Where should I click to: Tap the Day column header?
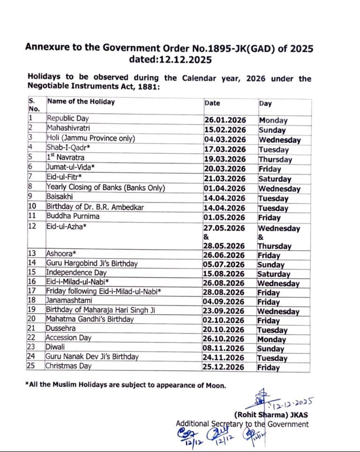265,104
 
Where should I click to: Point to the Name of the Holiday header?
81,102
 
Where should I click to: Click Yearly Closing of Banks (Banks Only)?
105,188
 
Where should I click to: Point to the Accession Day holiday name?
68,338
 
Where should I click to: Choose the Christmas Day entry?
68,366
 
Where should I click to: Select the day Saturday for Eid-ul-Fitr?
275,178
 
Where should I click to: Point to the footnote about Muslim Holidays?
126,385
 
